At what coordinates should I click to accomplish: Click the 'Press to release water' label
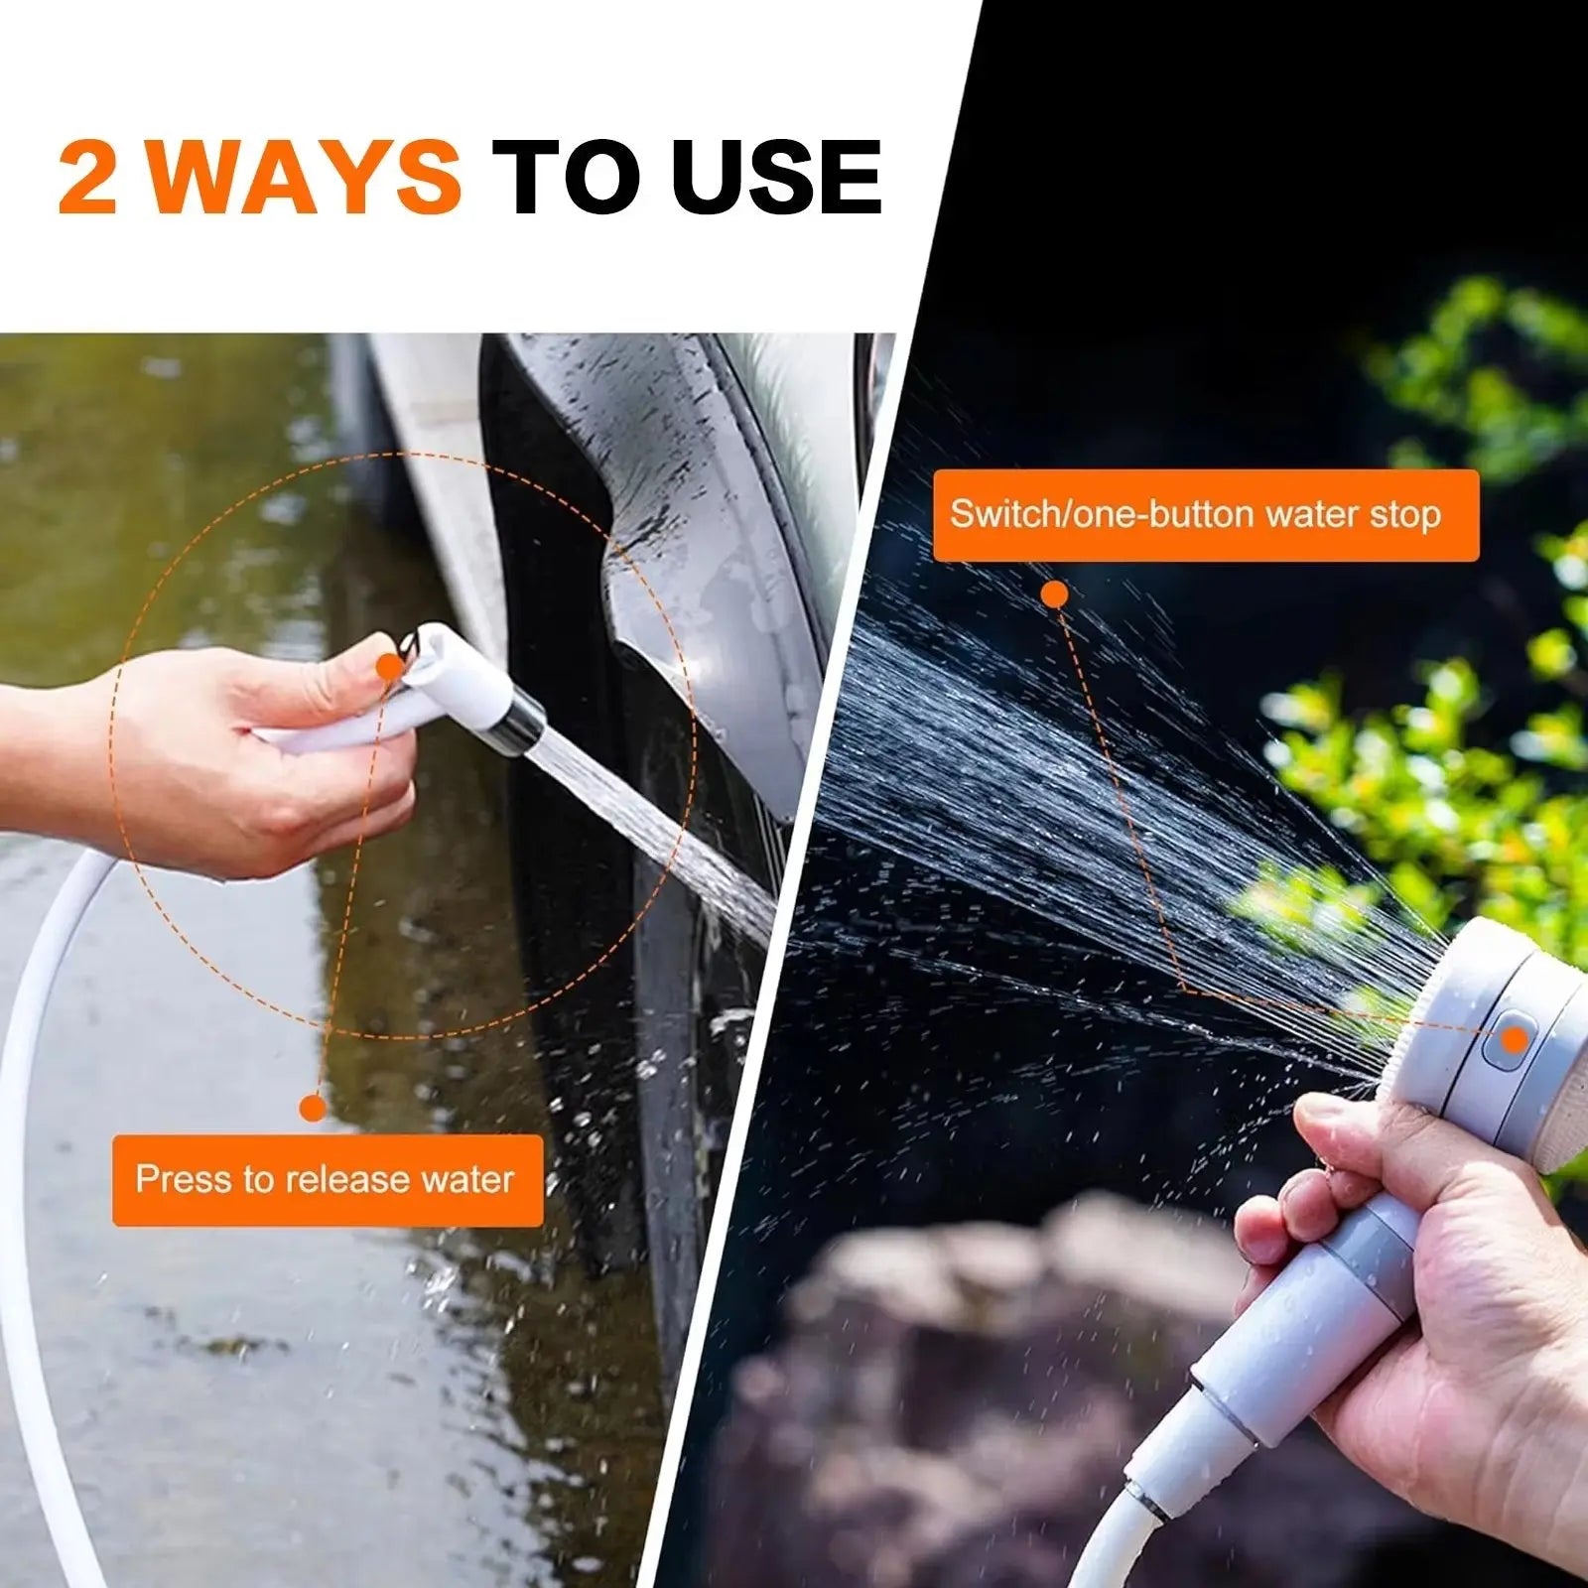pyautogui.click(x=327, y=1180)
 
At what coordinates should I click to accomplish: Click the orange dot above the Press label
pyautogui.click(x=313, y=1108)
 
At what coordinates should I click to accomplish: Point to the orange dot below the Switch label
pyautogui.click(x=1055, y=595)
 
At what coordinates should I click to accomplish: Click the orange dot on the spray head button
pyautogui.click(x=1514, y=1040)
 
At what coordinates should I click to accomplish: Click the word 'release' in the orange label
pyautogui.click(x=346, y=1180)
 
